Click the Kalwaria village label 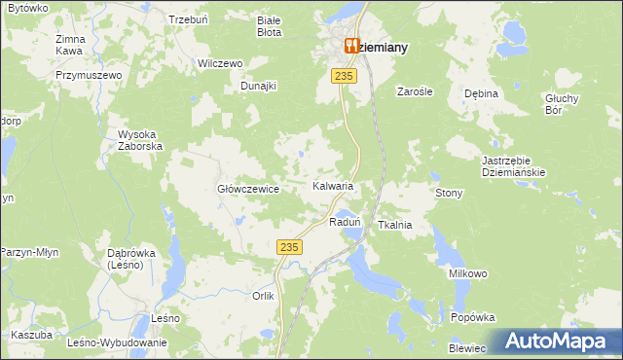(x=332, y=185)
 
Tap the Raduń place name (x=346, y=222)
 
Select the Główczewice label (x=248, y=190)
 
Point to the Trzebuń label (x=188, y=19)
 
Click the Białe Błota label (x=268, y=25)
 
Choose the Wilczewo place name (x=219, y=63)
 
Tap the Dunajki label (x=259, y=86)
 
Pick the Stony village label (x=449, y=194)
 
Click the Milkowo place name (x=467, y=274)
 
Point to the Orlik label (x=263, y=296)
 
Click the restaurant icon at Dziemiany (x=352, y=45)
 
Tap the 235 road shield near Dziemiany (x=341, y=76)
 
